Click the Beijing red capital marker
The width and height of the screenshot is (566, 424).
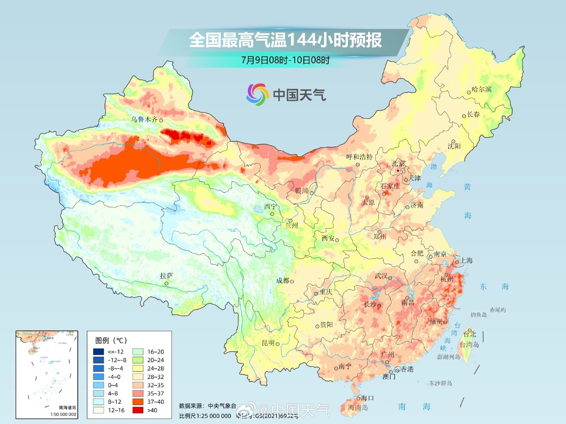(x=398, y=171)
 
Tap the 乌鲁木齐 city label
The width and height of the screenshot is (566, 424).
(x=144, y=119)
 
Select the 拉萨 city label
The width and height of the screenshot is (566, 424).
(x=166, y=276)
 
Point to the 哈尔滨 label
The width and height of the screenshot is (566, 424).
(x=482, y=89)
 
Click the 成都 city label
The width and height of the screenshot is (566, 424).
(x=283, y=281)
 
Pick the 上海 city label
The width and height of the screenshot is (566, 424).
(x=466, y=260)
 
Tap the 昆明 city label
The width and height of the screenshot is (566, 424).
(x=268, y=343)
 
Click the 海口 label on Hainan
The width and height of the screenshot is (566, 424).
(x=367, y=398)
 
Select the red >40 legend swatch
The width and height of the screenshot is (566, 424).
(x=138, y=410)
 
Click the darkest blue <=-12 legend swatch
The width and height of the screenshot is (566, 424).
(x=98, y=352)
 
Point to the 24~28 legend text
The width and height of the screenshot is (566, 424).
(x=156, y=369)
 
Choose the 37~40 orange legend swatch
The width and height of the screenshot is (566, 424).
(x=138, y=402)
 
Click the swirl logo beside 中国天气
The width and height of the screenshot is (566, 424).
(x=256, y=94)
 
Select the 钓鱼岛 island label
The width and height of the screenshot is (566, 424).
(x=478, y=314)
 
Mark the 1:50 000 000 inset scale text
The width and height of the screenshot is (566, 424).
(x=63, y=414)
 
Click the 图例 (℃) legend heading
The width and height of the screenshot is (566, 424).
(x=111, y=340)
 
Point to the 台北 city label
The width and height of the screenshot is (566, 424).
(x=470, y=334)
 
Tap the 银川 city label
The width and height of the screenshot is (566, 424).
(x=301, y=191)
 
